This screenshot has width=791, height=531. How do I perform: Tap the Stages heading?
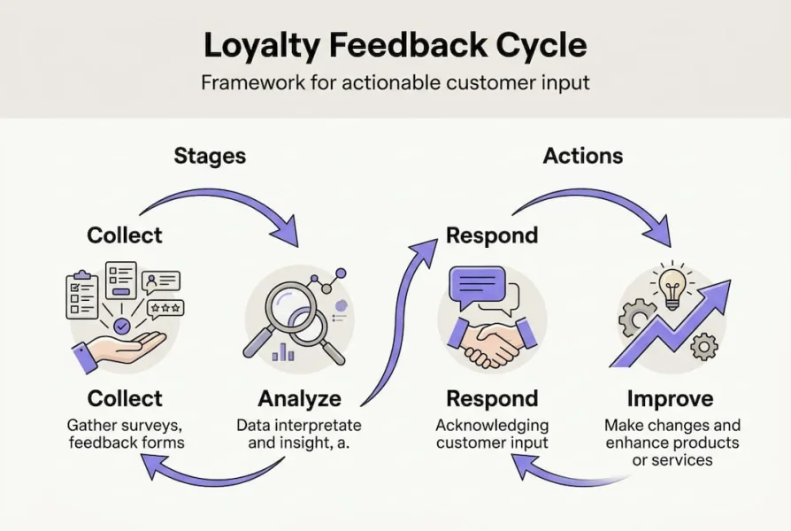pos(210,157)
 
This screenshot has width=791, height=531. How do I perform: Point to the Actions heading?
pos(583,157)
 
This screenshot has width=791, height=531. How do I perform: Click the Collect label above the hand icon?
pos(125,235)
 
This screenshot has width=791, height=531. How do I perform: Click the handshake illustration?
pos(492,341)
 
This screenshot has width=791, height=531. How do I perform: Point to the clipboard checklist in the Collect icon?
pos(83,296)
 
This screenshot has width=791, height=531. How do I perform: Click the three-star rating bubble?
pos(165,308)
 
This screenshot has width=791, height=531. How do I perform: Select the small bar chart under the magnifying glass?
pos(284,351)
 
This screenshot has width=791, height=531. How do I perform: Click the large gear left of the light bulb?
pos(637,318)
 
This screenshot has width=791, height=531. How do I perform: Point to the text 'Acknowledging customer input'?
pos(492,434)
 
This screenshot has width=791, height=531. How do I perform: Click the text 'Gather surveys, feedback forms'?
pos(125,434)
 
